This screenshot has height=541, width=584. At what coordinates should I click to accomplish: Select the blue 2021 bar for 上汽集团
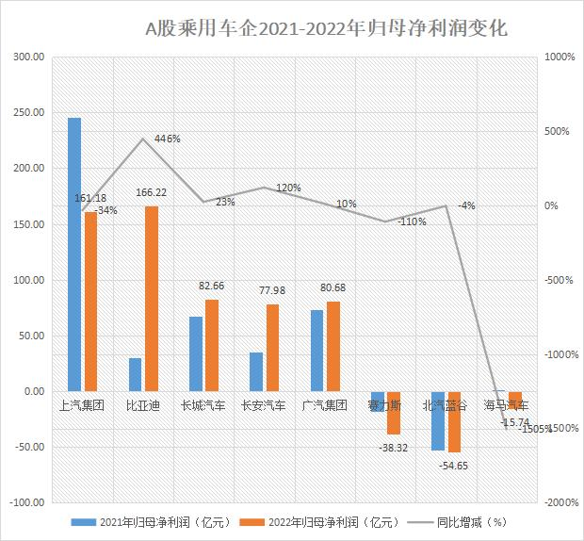click(x=74, y=254)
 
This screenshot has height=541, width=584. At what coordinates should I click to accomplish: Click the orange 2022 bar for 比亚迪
click(x=152, y=298)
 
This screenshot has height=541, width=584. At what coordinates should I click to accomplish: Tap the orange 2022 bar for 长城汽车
click(x=212, y=345)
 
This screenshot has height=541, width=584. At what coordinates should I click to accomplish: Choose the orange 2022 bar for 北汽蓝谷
click(x=454, y=421)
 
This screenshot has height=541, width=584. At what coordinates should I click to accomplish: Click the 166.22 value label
click(x=151, y=192)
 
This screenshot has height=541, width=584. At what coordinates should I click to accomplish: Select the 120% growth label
click(x=288, y=188)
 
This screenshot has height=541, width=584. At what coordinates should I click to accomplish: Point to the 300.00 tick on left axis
click(x=30, y=57)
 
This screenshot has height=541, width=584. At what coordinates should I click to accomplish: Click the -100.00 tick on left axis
click(x=28, y=502)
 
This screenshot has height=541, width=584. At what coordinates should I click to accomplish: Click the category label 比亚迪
click(x=144, y=406)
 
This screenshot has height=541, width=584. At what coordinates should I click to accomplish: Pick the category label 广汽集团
click(x=325, y=406)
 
